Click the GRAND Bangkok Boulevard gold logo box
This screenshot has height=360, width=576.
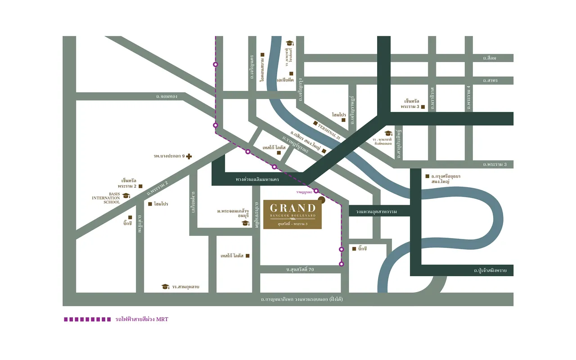pos(292,214)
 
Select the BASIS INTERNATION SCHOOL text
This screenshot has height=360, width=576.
pos(106,198)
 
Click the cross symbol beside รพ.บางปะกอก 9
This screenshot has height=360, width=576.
pos(189,156)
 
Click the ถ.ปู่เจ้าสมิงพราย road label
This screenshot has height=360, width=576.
pos(490,271)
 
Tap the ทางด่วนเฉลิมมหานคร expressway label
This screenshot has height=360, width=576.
pos(257,179)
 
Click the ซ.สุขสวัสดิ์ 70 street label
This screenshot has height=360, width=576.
pos(299,269)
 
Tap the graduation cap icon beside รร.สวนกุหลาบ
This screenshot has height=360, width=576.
pos(165,287)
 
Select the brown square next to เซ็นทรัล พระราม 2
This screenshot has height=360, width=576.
pos(140,186)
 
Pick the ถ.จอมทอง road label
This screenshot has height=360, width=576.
pos(166,96)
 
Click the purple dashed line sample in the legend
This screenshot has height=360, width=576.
pos(87,319)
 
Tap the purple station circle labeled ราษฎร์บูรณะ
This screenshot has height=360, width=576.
pos(316,191)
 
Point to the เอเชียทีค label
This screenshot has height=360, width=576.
pos(285,80)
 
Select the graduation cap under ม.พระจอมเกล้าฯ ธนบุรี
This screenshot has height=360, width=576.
pos(245,223)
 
